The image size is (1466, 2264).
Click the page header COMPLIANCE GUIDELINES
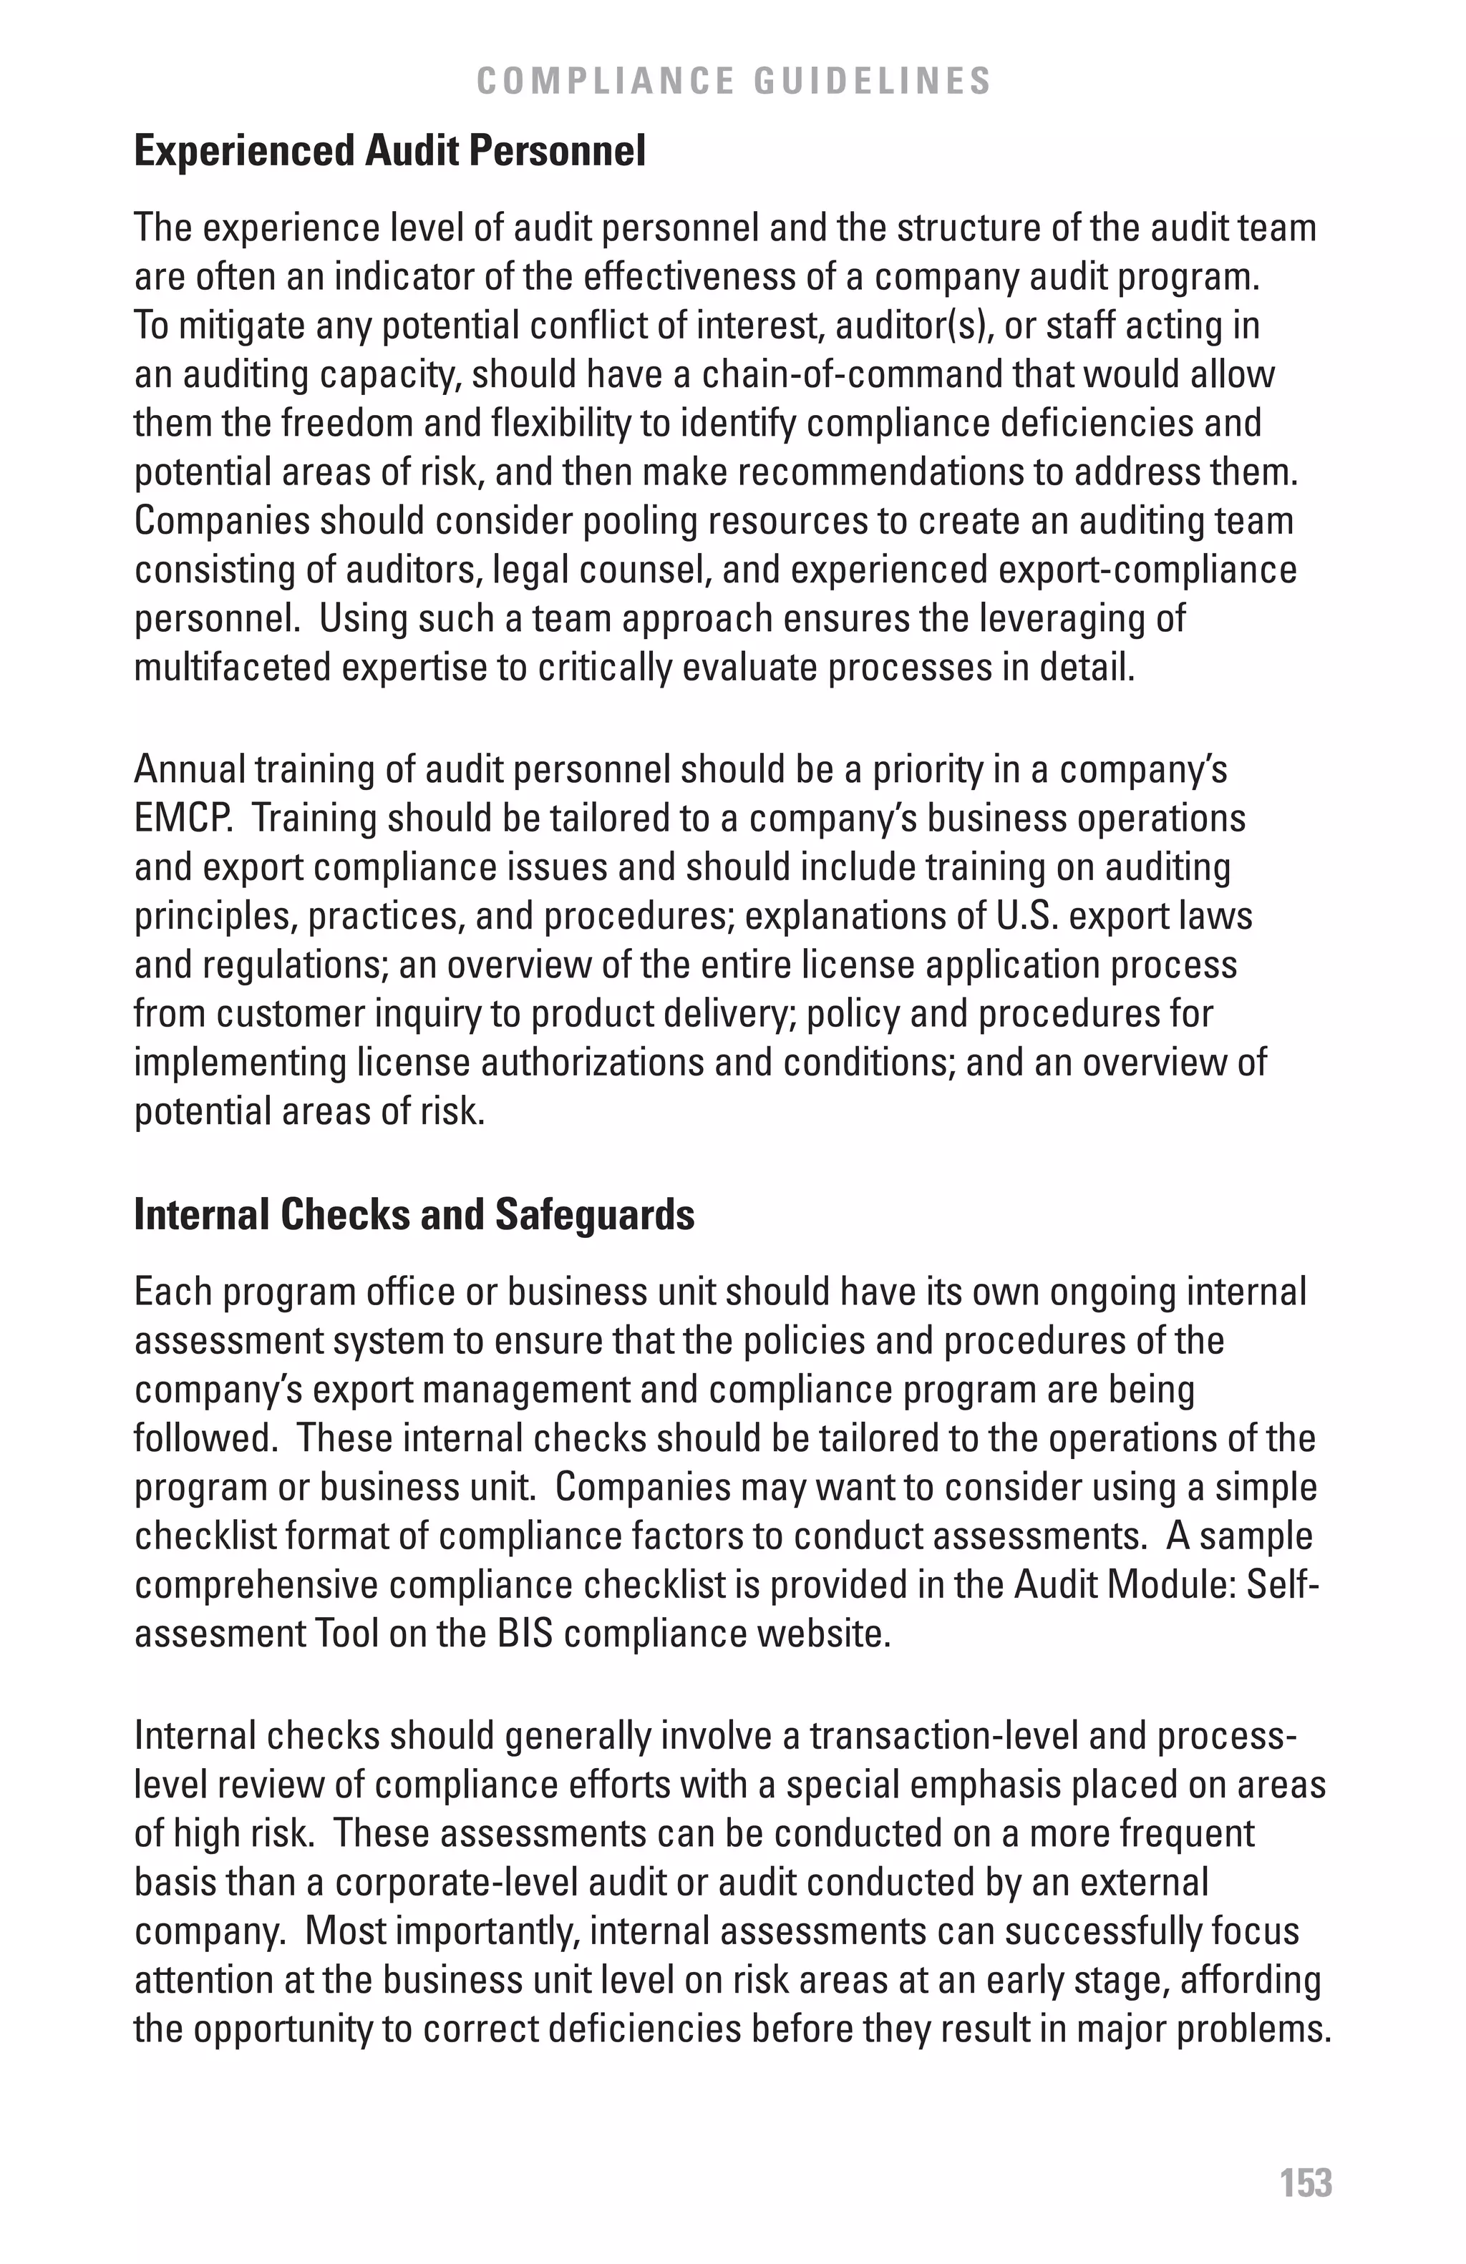click(734, 81)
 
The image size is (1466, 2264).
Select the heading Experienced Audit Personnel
click(389, 150)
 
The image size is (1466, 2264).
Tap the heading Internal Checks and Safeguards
click(414, 1215)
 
